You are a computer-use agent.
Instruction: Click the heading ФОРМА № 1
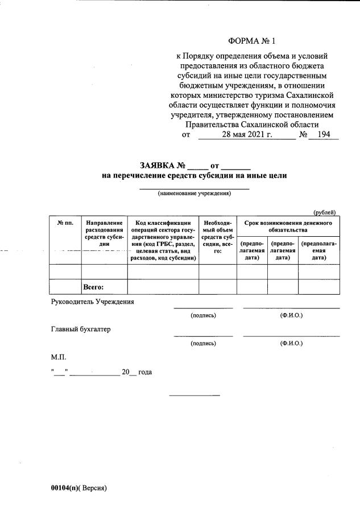tap(251, 41)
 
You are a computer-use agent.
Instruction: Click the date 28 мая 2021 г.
tap(247, 135)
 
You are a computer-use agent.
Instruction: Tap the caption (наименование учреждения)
tap(195, 193)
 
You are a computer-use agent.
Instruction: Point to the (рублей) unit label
tap(326, 212)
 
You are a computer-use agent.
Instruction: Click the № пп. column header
tap(65, 223)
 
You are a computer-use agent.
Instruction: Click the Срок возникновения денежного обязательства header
tap(288, 226)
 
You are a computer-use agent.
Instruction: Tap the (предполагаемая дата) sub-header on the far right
tap(318, 250)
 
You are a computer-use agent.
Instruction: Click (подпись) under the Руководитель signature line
tap(203, 315)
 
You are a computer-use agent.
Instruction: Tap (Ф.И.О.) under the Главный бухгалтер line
tap(291, 343)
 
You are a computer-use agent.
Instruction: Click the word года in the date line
tap(145, 372)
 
